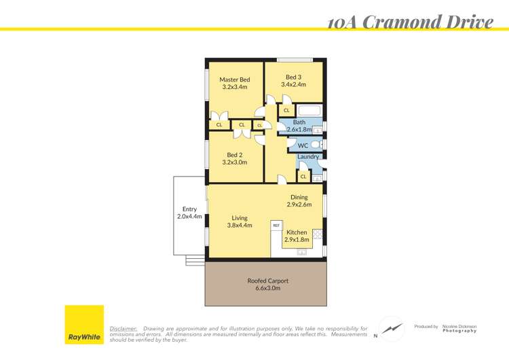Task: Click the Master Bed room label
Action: pyautogui.click(x=234, y=79)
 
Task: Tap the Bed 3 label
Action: pyautogui.click(x=294, y=77)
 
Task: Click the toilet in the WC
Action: pyautogui.click(x=316, y=145)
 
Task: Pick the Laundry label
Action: pyautogui.click(x=308, y=157)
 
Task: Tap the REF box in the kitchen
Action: pyautogui.click(x=276, y=225)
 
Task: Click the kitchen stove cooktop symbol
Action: pyautogui.click(x=317, y=234)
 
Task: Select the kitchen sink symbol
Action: pyautogui.click(x=301, y=253)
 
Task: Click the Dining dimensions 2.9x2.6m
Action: pyautogui.click(x=299, y=204)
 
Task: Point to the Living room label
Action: pyautogui.click(x=240, y=218)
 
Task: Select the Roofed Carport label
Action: pyautogui.click(x=267, y=281)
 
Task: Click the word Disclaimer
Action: pyautogui.click(x=124, y=328)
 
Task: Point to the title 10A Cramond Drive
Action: pyautogui.click(x=410, y=22)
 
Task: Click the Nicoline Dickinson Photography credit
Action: pyautogui.click(x=459, y=328)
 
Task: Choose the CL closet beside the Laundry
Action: pyautogui.click(x=303, y=177)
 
